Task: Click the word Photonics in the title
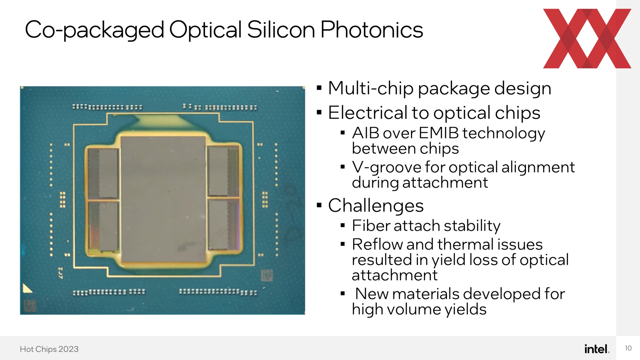[372, 30]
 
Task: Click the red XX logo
[587, 39]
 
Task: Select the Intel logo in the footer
[597, 349]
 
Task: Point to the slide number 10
[628, 348]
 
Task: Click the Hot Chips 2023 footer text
[49, 349]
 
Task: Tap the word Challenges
[376, 206]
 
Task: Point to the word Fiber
[371, 226]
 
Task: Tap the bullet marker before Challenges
[319, 205]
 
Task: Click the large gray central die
[163, 199]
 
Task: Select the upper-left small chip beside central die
[104, 173]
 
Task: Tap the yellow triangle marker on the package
[27, 289]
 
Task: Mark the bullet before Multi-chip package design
[319, 88]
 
